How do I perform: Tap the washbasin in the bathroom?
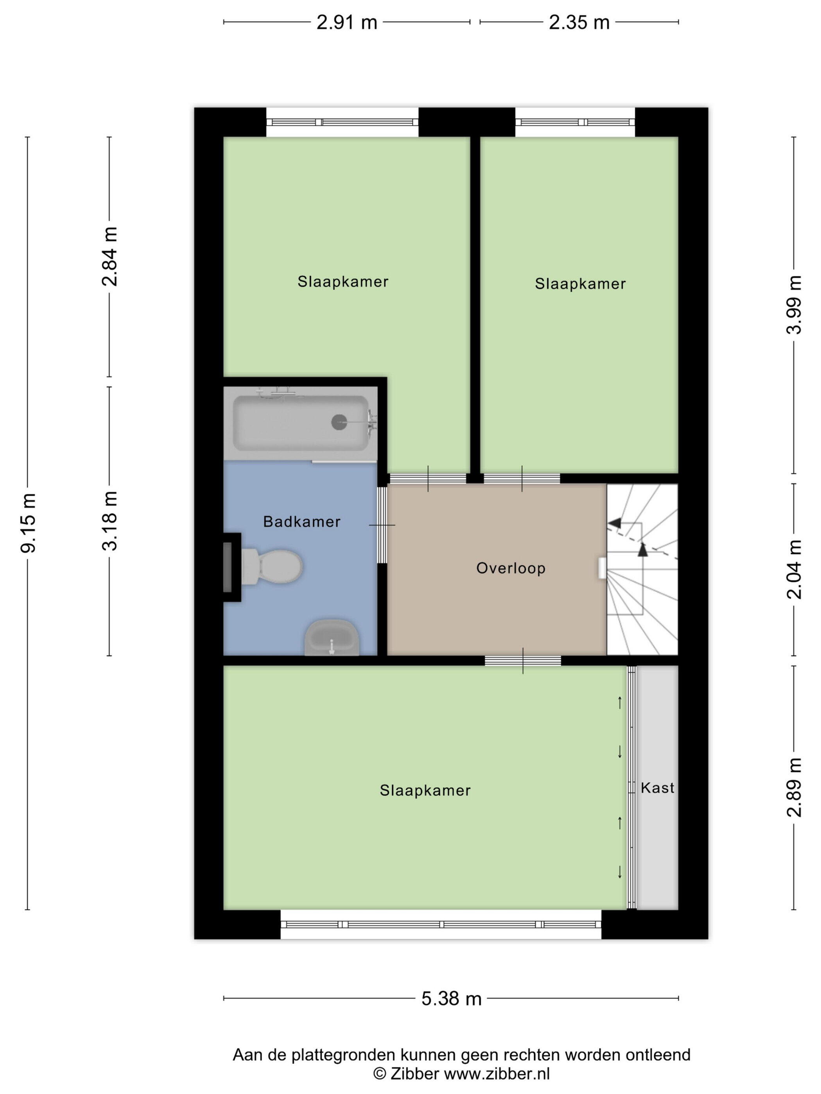[x=332, y=638]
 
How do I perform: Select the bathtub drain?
[x=339, y=422]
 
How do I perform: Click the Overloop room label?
[x=511, y=568]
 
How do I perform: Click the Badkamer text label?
[x=302, y=521]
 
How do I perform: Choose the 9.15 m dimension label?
[x=28, y=523]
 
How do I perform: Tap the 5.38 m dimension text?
[x=451, y=999]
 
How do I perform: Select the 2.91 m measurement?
[x=347, y=22]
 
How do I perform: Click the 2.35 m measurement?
[x=579, y=22]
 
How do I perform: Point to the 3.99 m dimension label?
[x=794, y=305]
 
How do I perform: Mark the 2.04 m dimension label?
[x=794, y=569]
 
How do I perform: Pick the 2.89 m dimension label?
[x=794, y=787]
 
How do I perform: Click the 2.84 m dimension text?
[x=109, y=256]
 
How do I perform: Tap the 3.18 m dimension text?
[x=109, y=521]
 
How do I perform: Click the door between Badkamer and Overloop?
[x=382, y=525]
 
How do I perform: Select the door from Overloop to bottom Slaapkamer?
[x=523, y=660]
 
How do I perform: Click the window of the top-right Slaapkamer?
[x=575, y=122]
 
